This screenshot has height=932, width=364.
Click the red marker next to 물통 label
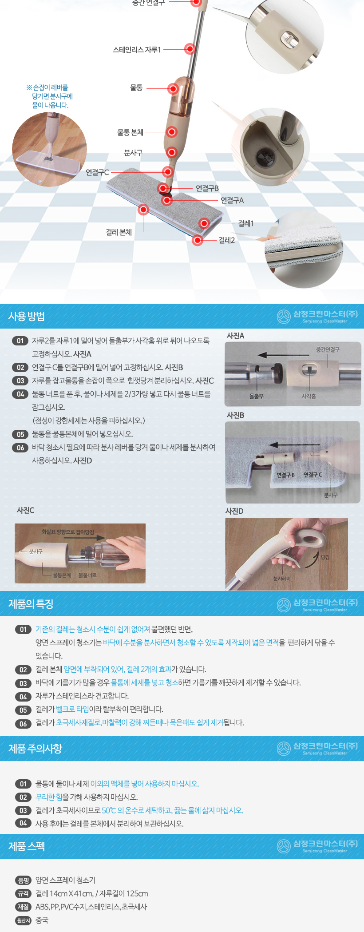[173, 88]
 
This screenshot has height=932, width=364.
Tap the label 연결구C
[97, 172]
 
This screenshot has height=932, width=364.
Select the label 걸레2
[227, 240]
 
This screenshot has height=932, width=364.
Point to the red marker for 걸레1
[204, 223]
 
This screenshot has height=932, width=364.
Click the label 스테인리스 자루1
[137, 50]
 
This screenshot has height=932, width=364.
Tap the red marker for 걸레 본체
[143, 209]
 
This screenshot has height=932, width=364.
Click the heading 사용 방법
[27, 316]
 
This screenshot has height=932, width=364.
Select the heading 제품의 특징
[31, 604]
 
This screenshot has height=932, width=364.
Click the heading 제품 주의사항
[36, 749]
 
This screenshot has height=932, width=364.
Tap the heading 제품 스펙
[27, 846]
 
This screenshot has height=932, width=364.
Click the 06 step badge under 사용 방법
[20, 448]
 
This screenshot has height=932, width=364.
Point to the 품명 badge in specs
[23, 880]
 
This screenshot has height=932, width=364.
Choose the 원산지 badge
[23, 920]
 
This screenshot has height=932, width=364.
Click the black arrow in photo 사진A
[280, 355]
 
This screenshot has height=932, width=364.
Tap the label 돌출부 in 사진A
[257, 396]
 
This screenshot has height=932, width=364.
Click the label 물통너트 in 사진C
[87, 575]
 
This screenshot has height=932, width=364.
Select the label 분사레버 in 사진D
[282, 579]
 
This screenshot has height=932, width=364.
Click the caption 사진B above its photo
[235, 415]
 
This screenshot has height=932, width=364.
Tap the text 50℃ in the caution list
[109, 810]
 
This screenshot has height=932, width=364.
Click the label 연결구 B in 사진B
[285, 475]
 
